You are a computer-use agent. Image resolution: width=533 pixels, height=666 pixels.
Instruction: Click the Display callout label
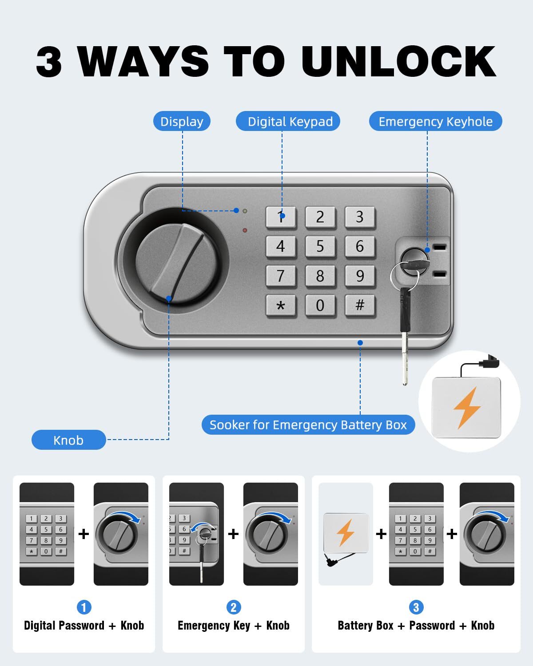click(182, 121)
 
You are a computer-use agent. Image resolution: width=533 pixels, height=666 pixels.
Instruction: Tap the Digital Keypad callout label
click(288, 121)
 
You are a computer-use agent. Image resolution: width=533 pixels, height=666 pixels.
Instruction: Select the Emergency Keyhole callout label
click(435, 121)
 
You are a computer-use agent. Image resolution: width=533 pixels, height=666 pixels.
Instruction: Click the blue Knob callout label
click(68, 440)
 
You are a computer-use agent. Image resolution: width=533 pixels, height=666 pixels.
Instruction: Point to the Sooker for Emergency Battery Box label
click(308, 424)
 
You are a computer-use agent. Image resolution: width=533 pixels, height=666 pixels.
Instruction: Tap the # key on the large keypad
click(360, 305)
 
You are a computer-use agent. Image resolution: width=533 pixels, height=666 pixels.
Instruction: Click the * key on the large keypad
click(281, 305)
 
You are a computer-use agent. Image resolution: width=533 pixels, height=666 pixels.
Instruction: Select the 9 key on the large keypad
click(360, 276)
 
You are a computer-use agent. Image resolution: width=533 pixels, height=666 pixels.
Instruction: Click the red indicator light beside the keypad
click(245, 230)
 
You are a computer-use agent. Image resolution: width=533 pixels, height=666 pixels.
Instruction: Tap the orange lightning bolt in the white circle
click(467, 408)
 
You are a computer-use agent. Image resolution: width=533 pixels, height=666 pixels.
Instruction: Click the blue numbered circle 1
click(84, 607)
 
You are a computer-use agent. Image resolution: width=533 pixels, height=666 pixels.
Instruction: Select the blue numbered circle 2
click(234, 607)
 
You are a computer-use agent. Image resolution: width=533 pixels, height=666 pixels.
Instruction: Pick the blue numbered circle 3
click(416, 607)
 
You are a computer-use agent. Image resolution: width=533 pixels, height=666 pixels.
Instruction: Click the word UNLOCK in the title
click(399, 61)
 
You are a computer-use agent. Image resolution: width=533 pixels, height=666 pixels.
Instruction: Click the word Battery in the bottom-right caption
click(366, 626)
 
